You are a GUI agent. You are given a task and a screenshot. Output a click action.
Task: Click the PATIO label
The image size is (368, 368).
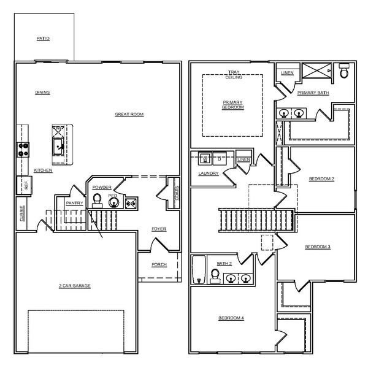(x=43, y=39)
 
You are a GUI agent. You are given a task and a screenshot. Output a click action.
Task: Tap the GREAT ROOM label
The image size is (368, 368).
(x=129, y=114)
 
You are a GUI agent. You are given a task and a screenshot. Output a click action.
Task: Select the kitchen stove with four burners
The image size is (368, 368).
(x=23, y=150)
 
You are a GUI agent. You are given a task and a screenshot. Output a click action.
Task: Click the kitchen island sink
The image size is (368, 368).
(x=58, y=147)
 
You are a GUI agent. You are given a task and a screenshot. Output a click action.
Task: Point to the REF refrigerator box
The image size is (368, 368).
(x=24, y=185)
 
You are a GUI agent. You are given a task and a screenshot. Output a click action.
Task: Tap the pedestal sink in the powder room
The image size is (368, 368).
(x=114, y=202)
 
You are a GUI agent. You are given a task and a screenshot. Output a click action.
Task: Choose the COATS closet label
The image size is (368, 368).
(x=177, y=193)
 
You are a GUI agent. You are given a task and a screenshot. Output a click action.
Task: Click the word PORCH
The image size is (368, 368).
(x=159, y=264)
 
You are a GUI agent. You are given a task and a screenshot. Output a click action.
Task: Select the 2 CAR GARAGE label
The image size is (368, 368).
(x=75, y=286)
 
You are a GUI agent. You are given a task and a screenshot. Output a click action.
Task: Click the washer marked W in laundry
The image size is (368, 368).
(x=205, y=159)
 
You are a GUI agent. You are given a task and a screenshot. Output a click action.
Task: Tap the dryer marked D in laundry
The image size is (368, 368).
(x=220, y=159)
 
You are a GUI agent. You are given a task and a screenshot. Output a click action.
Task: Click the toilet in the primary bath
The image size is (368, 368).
(x=344, y=71)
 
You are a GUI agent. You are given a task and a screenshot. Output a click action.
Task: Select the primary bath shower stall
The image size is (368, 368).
(x=317, y=71)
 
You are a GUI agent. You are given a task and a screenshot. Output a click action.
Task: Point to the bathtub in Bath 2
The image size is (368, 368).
(x=199, y=270)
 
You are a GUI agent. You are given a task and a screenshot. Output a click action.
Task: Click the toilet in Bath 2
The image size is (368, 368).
(x=215, y=276)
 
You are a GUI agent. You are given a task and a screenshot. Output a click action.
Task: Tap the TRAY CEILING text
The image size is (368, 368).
(x=234, y=75)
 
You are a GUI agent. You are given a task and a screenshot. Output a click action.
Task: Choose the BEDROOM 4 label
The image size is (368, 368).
(x=231, y=318)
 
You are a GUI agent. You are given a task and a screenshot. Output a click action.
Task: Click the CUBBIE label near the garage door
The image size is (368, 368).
(x=22, y=213)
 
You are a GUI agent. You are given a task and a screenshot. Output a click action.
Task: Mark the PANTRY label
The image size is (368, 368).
(x=74, y=203)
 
